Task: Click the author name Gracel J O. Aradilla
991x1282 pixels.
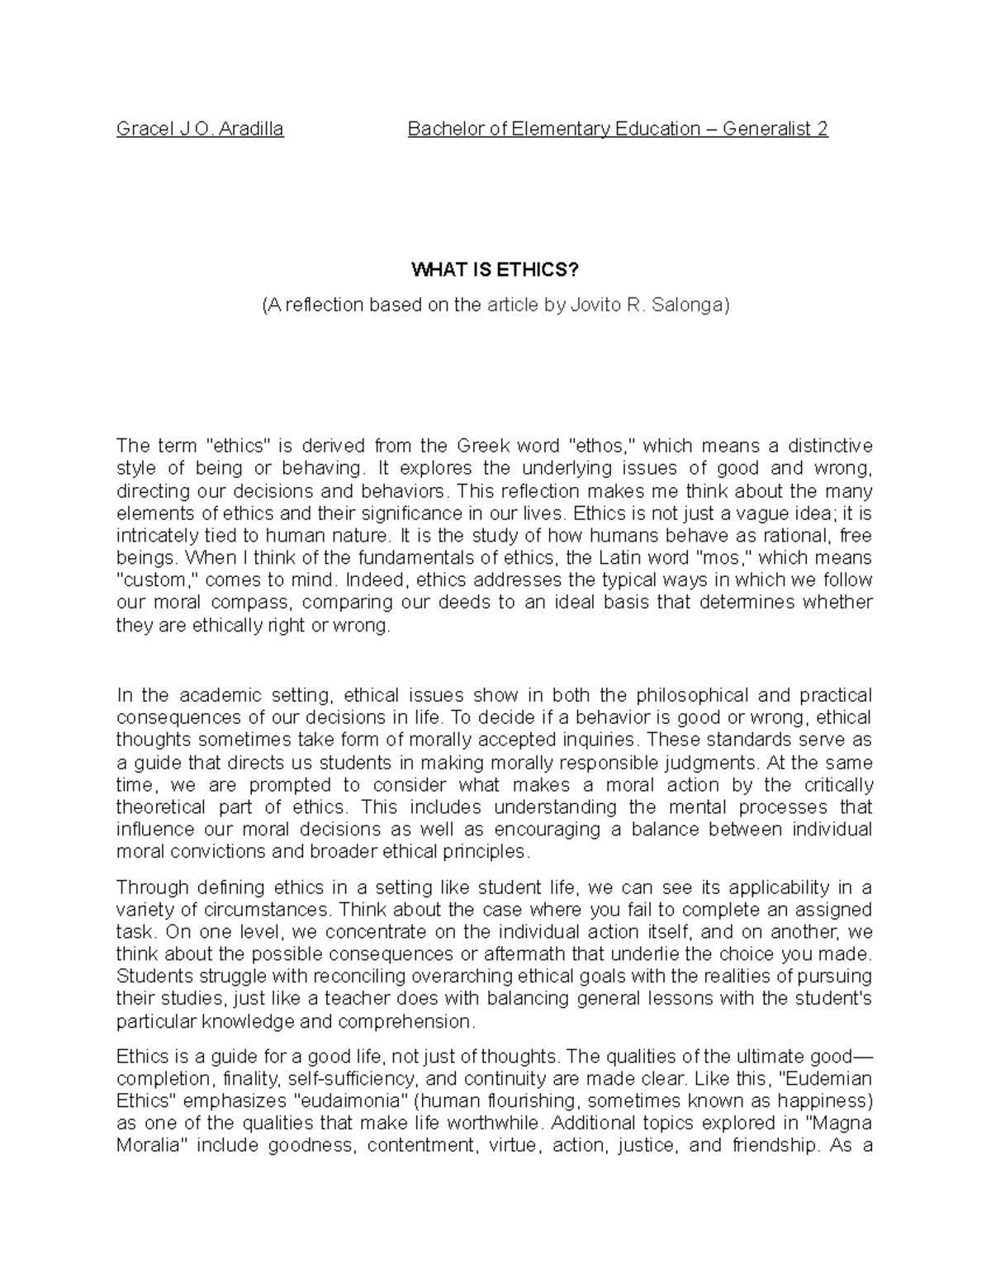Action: (200, 129)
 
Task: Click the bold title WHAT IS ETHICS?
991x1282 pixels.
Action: (495, 271)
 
